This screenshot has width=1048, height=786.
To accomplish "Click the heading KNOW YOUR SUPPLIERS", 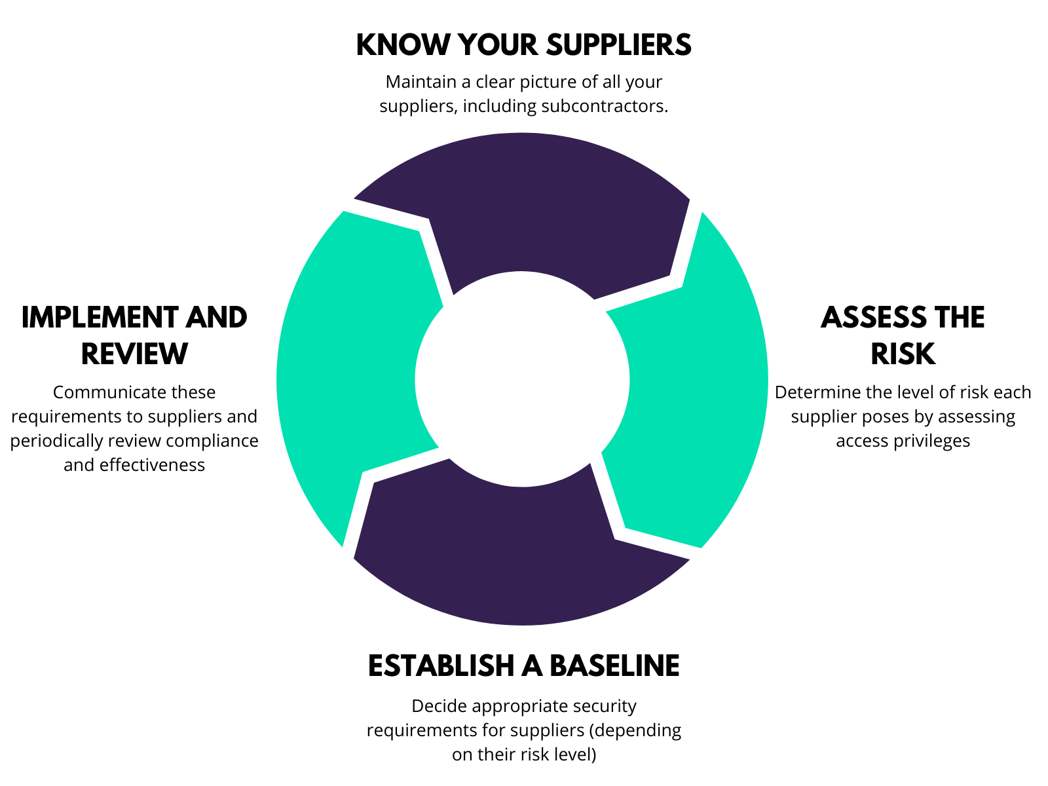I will click(x=523, y=45).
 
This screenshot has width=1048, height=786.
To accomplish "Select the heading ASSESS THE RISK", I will click(x=903, y=335).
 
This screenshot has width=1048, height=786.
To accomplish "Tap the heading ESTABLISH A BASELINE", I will click(x=523, y=665).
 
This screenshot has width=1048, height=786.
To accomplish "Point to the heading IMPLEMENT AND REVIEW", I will click(x=134, y=335).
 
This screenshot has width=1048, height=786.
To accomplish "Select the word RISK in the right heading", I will click(x=903, y=354).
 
